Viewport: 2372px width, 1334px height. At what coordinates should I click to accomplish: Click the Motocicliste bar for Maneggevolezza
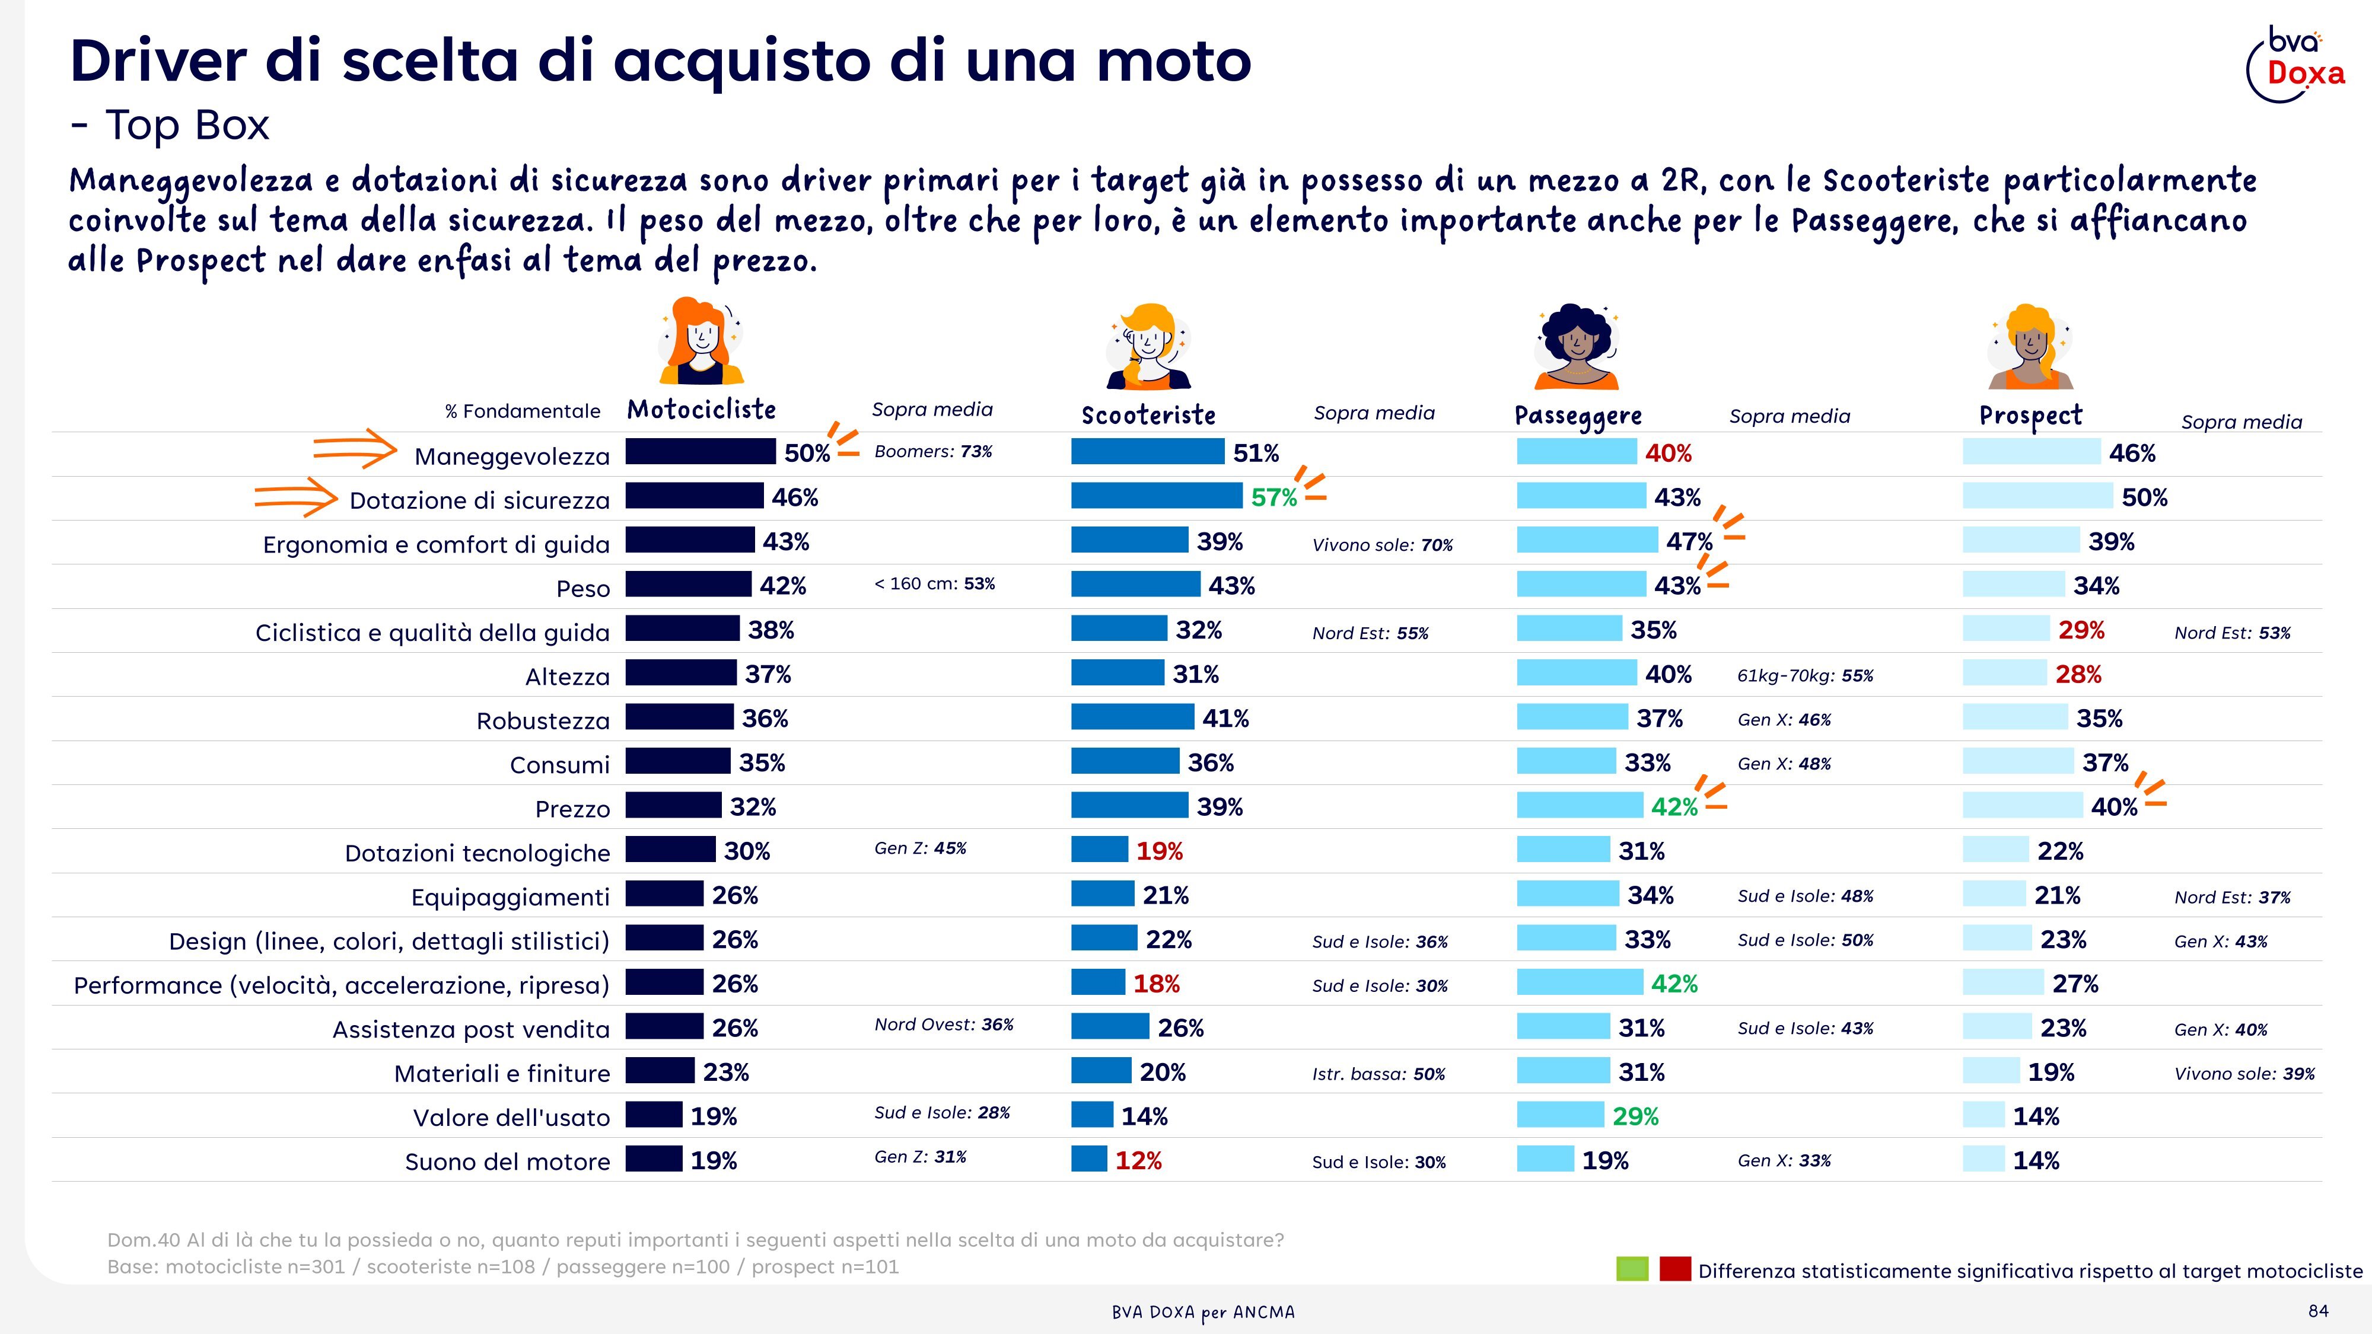pyautogui.click(x=701, y=452)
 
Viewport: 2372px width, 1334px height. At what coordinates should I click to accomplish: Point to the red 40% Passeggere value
pyautogui.click(x=1669, y=453)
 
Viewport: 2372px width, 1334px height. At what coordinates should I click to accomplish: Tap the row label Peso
pyautogui.click(x=583, y=588)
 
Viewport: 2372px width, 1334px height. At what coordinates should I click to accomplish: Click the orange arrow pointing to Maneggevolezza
pyautogui.click(x=355, y=448)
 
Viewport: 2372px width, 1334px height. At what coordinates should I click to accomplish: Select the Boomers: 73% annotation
pyautogui.click(x=934, y=451)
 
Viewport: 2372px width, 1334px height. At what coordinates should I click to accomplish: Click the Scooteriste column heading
pyautogui.click(x=1148, y=415)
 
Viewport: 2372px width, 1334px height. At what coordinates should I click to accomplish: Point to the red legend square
pyautogui.click(x=1675, y=1269)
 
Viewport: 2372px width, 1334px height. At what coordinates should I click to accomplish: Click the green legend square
pyautogui.click(x=1632, y=1269)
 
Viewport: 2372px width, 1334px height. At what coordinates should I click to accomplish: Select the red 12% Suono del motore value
pyautogui.click(x=1138, y=1161)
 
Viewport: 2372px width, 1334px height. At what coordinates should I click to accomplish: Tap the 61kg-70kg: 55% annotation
pyautogui.click(x=1805, y=676)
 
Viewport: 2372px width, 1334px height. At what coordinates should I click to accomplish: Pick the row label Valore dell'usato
pyautogui.click(x=511, y=1118)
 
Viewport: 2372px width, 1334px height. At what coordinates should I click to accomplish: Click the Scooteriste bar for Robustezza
pyautogui.click(x=1132, y=716)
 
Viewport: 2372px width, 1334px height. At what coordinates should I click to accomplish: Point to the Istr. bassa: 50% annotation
pyautogui.click(x=1378, y=1074)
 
